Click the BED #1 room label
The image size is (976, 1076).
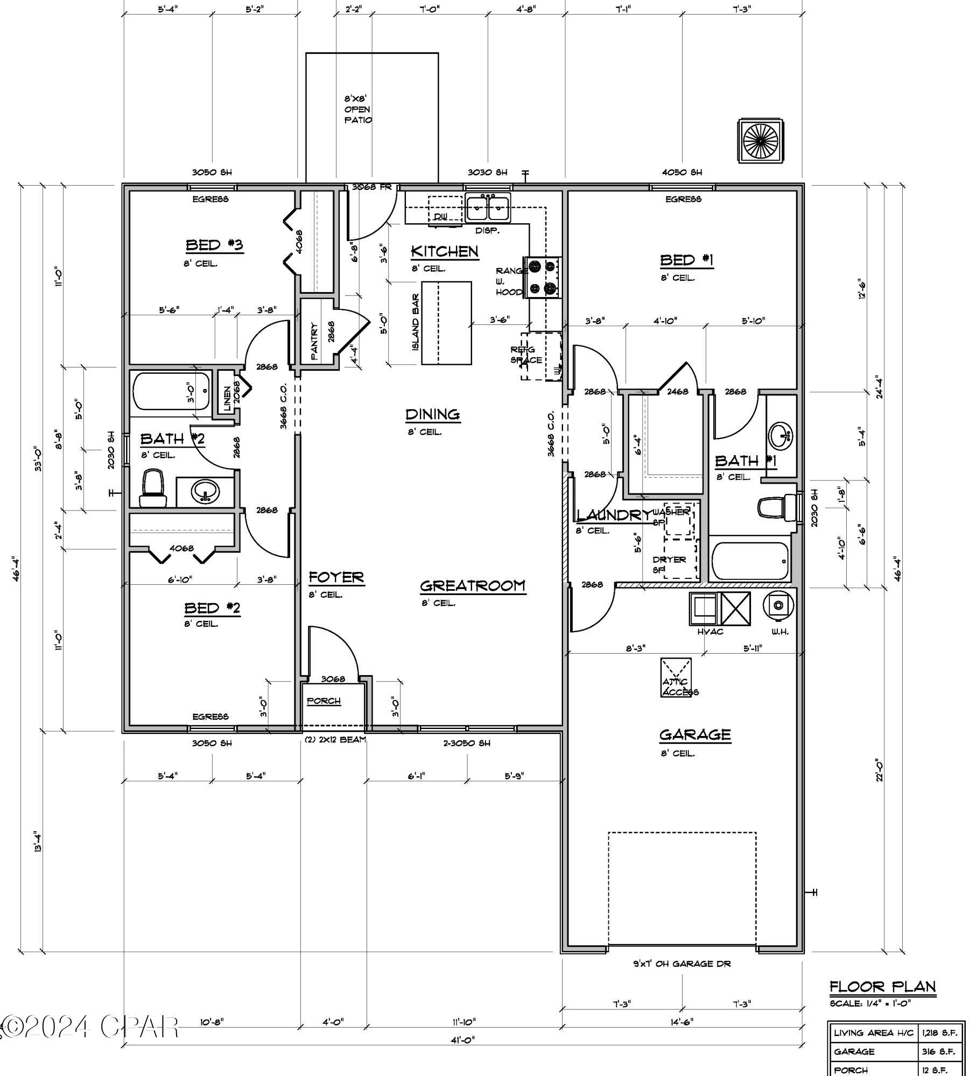point(686,260)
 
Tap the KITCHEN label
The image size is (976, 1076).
point(444,251)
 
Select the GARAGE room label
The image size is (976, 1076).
point(695,734)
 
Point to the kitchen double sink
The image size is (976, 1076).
point(488,209)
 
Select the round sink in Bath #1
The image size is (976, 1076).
point(780,435)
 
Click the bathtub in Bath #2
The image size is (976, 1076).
point(171,391)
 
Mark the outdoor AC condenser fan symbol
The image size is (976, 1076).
point(760,140)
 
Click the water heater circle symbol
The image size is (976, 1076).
point(778,605)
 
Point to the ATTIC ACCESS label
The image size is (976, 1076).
point(679,687)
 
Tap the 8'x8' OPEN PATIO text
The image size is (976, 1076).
point(357,110)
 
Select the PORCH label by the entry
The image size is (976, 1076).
point(324,701)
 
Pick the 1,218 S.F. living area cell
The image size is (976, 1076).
point(939,1032)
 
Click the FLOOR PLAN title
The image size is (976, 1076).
point(882,986)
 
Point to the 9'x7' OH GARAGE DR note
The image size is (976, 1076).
point(682,964)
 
